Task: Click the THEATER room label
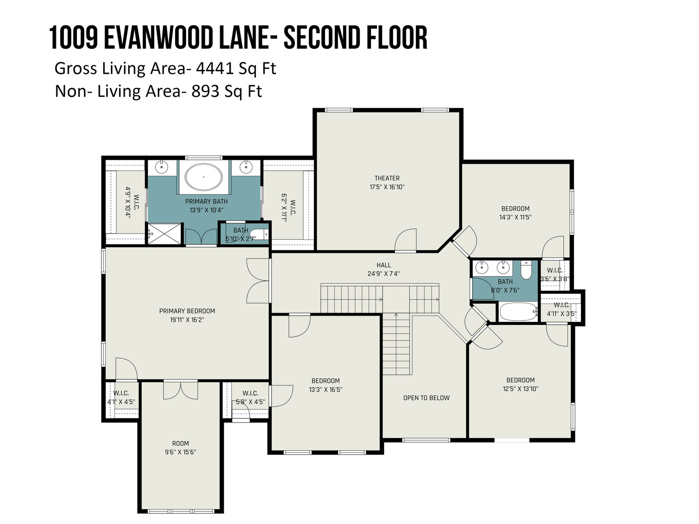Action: tap(387, 178)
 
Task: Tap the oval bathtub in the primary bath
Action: tap(204, 177)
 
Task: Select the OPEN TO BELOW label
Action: tap(426, 398)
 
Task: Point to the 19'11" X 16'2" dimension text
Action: tap(187, 320)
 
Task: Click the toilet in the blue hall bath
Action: tap(526, 270)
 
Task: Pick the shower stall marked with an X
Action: tap(164, 234)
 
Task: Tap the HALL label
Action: tap(384, 265)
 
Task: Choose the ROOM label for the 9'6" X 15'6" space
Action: tap(180, 444)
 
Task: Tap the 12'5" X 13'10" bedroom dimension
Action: tap(520, 389)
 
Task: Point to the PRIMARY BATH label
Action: tap(206, 201)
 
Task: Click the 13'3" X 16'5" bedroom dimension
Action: tap(325, 389)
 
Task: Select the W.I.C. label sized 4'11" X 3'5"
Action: tap(561, 305)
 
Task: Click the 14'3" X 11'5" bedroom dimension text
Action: tap(515, 217)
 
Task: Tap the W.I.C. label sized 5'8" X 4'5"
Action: tap(250, 393)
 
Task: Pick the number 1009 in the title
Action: tap(73, 38)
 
